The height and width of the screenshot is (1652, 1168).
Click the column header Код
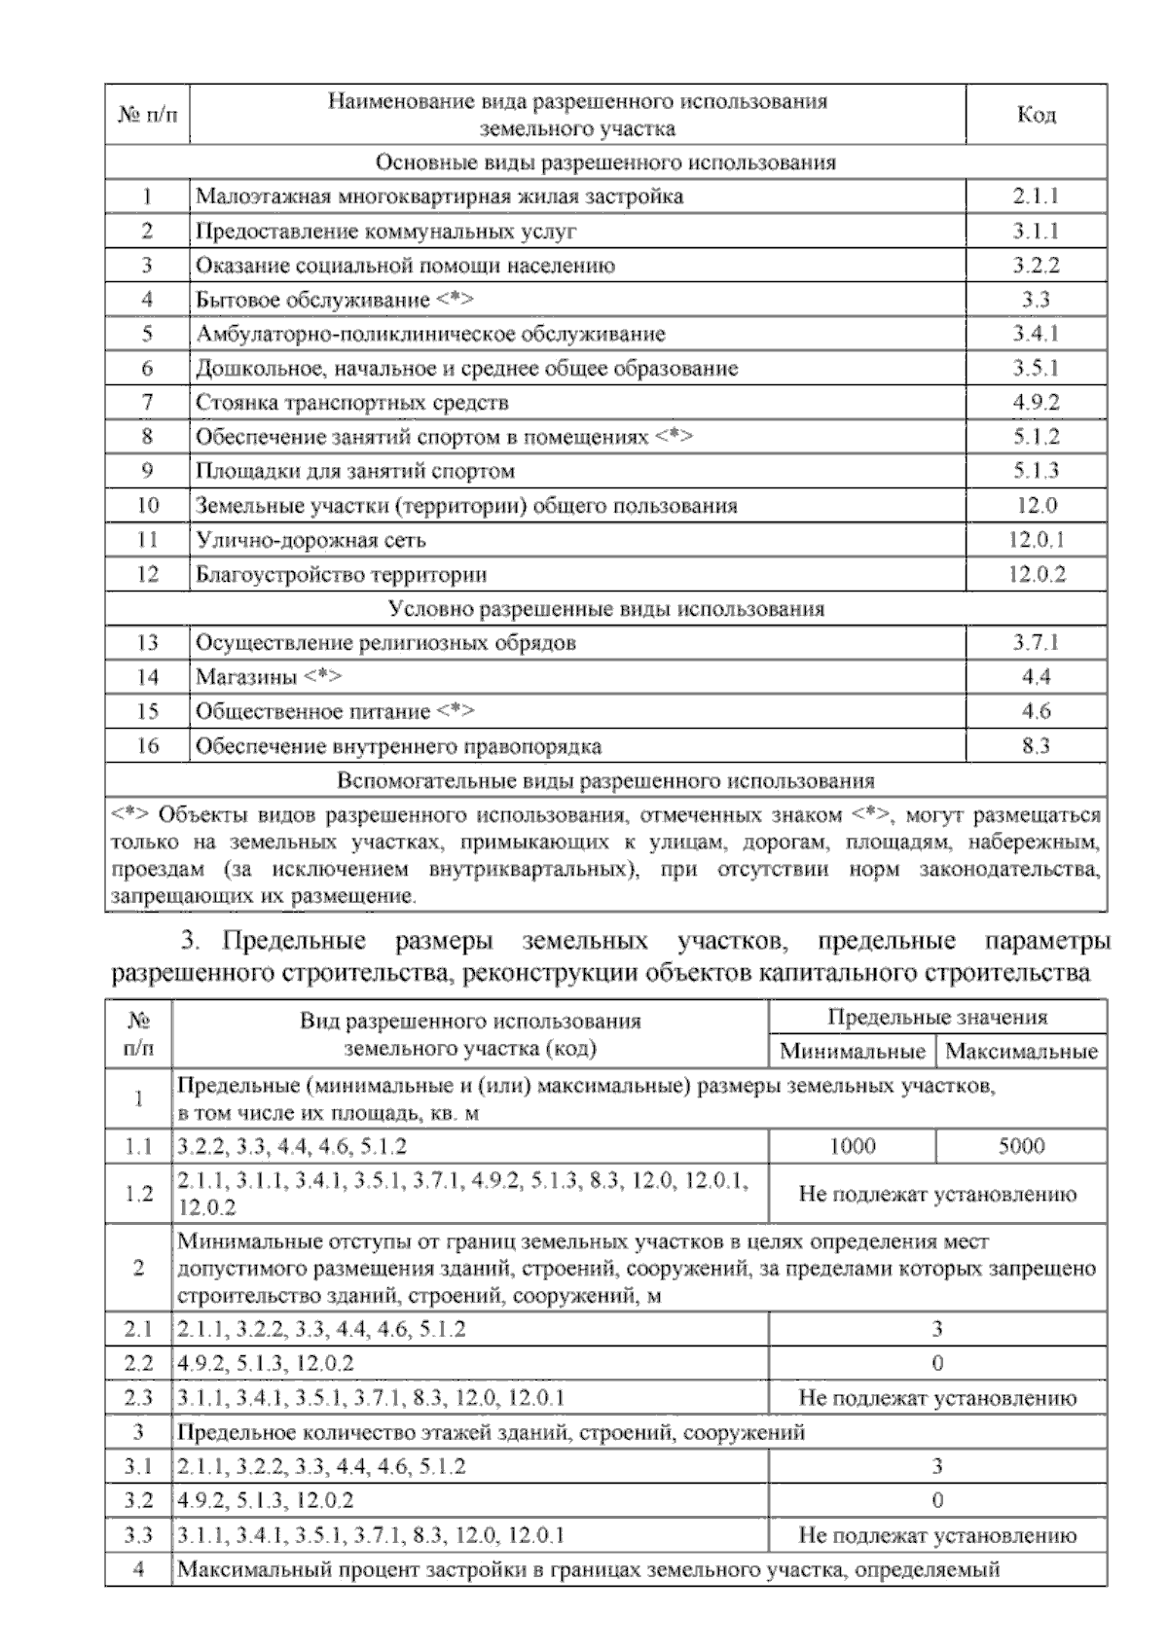[1036, 115]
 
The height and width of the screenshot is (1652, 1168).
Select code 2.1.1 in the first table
[1036, 197]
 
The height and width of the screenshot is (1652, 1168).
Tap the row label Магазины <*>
[269, 677]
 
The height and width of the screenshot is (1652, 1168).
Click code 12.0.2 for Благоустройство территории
[1036, 574]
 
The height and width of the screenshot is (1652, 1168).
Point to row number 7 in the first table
[147, 403]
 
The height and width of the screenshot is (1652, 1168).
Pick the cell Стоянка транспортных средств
[352, 403]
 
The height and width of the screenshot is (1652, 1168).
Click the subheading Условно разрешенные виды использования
[605, 609]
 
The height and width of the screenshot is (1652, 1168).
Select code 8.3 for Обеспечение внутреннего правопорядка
[1036, 747]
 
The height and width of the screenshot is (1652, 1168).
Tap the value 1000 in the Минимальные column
[852, 1146]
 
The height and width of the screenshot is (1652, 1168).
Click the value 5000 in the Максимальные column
[1021, 1146]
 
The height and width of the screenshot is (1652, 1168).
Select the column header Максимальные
[1021, 1052]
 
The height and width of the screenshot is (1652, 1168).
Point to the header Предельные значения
[936, 1018]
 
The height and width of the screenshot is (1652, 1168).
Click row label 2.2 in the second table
[138, 1364]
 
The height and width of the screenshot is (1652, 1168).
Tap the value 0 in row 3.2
[936, 1501]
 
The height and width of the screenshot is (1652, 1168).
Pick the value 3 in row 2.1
[936, 1329]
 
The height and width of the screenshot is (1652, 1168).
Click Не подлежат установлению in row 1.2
[936, 1194]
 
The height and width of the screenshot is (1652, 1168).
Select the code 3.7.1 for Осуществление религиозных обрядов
[1036, 643]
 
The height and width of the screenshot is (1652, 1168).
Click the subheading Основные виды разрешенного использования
[605, 162]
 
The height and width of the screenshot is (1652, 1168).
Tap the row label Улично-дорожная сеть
[310, 540]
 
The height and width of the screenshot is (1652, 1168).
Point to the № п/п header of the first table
[147, 115]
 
